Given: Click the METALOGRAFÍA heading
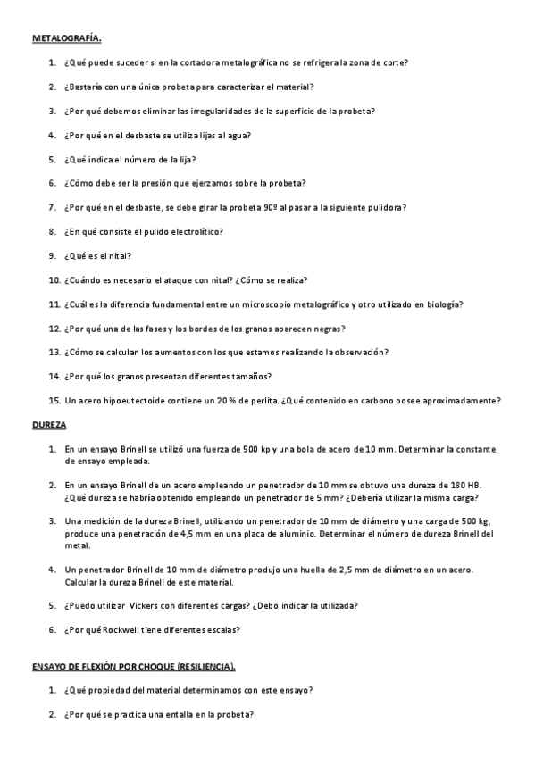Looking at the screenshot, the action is point(67,38).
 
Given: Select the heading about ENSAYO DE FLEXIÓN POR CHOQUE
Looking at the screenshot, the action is point(134,666).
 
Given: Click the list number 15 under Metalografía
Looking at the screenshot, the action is point(54,401).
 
